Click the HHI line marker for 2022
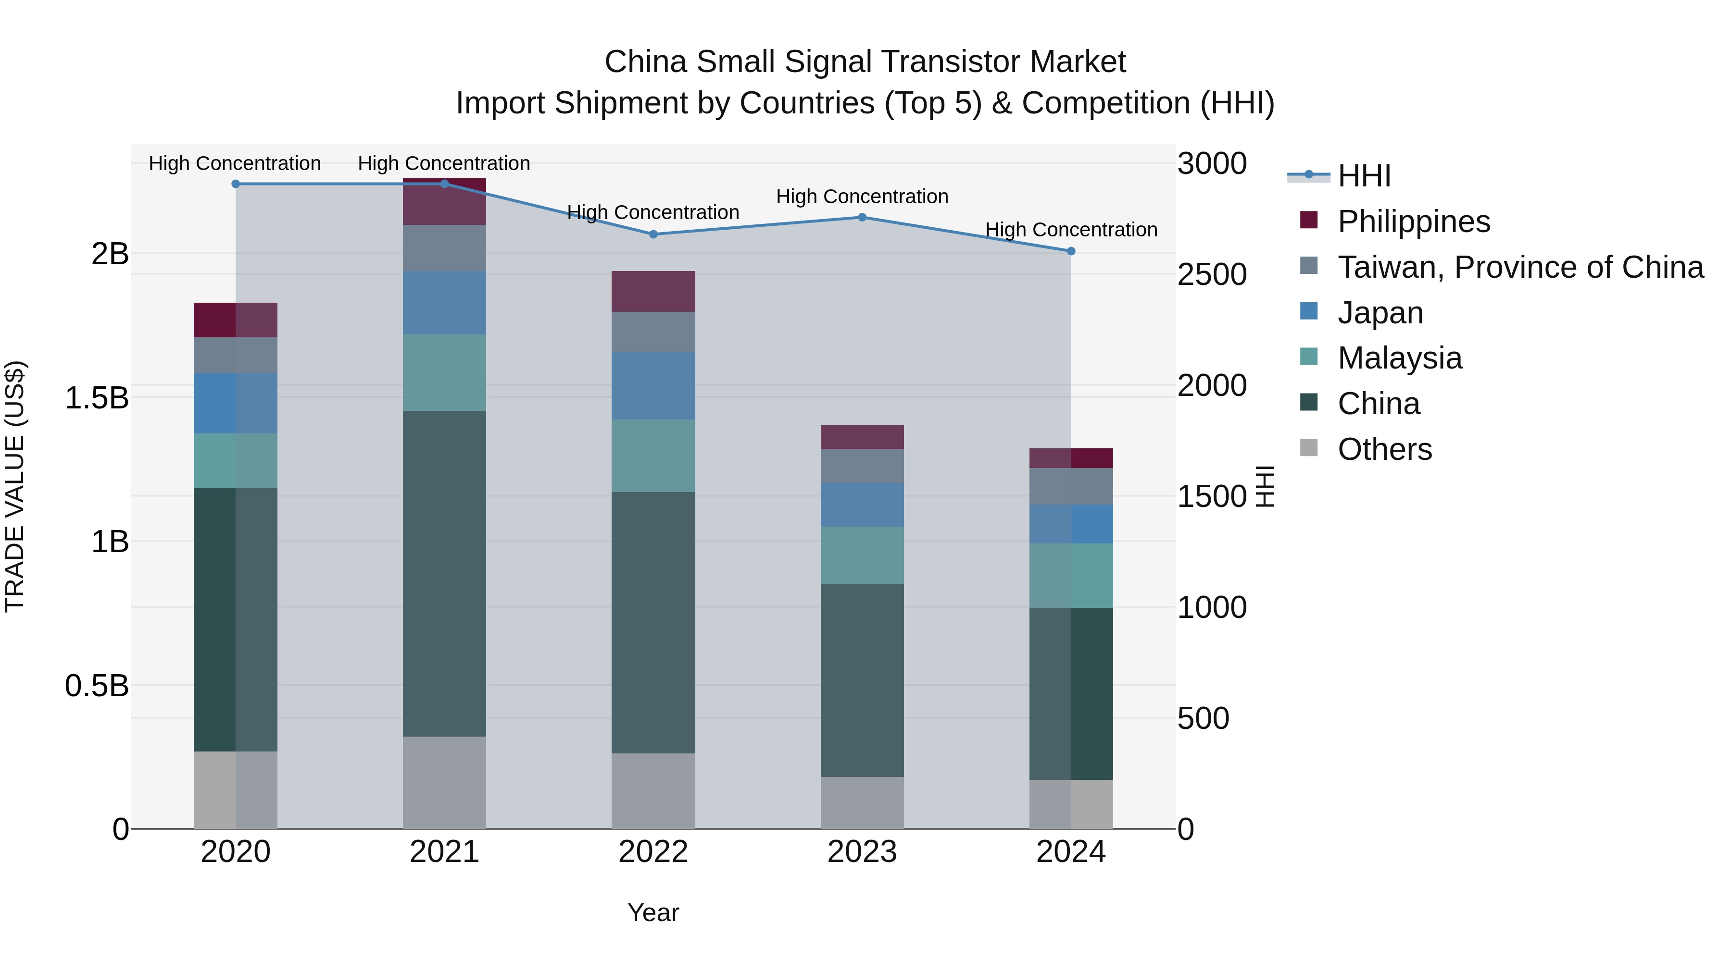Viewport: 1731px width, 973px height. pyautogui.click(x=653, y=234)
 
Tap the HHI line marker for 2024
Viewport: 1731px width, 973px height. pyautogui.click(x=1071, y=251)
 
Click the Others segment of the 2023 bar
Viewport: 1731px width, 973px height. pyautogui.click(x=862, y=802)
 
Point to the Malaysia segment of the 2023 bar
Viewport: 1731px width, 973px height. pyautogui.click(x=862, y=555)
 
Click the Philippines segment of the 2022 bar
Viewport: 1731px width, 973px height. pyautogui.click(x=653, y=292)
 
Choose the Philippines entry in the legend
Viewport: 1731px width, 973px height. pyautogui.click(x=1413, y=222)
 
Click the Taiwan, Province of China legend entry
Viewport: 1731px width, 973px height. pyautogui.click(x=1520, y=267)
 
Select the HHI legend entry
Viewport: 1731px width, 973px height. pyautogui.click(x=1364, y=176)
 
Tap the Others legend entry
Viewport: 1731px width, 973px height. pyautogui.click(x=1384, y=449)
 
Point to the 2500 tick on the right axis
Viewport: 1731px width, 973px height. pyautogui.click(x=1212, y=275)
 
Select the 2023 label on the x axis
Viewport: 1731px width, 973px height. pyautogui.click(x=862, y=852)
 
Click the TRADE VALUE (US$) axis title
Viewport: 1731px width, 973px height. pyautogui.click(x=15, y=486)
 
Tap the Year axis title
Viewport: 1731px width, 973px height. pyautogui.click(x=653, y=912)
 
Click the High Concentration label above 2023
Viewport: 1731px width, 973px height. pyautogui.click(x=862, y=197)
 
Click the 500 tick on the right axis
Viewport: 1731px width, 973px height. pyautogui.click(x=1203, y=718)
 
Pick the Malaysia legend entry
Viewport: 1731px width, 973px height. pyautogui.click(x=1399, y=358)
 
